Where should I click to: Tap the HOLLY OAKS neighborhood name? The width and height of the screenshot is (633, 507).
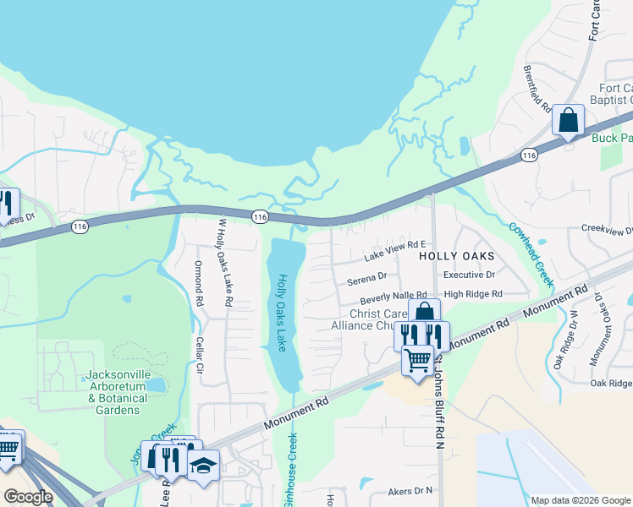point(457,254)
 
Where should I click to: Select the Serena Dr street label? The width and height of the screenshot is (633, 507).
point(367,276)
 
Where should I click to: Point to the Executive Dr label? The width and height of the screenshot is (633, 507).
point(469,275)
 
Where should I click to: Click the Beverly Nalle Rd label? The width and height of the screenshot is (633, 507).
point(393,297)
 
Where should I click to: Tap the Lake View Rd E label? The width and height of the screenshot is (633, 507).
point(394,250)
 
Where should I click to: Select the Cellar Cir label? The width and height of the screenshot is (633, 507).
point(201,361)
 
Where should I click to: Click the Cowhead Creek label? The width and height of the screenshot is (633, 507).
point(531,253)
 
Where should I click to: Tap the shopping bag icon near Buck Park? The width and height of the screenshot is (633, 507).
point(568,120)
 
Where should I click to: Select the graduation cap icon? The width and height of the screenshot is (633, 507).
point(203,465)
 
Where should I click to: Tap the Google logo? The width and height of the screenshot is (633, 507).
point(28,497)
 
